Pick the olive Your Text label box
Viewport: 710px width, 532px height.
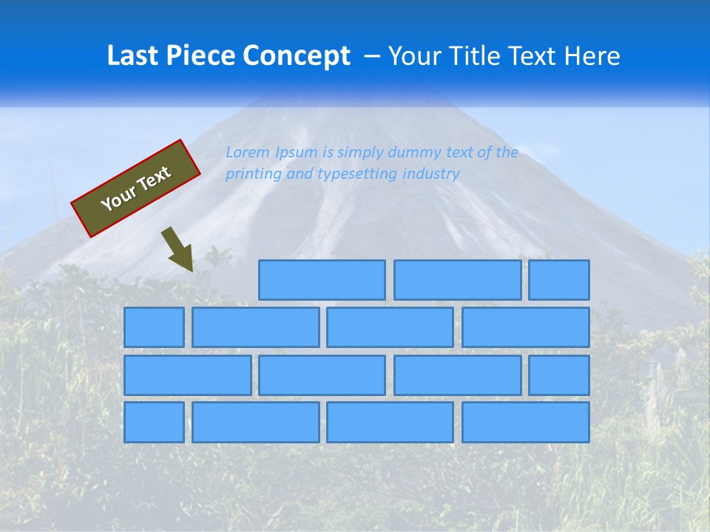coord(136,188)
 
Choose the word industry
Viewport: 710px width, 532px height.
coord(430,174)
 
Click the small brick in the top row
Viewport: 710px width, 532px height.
coord(559,280)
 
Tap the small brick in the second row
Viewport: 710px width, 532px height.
coord(154,327)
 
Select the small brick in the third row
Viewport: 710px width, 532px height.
coord(559,375)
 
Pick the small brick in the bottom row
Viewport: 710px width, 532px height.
coord(154,423)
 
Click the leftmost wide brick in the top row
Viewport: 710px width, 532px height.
coord(322,280)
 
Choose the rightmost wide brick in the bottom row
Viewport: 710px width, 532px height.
coord(526,423)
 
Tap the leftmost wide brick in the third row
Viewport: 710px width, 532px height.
coord(187,375)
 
